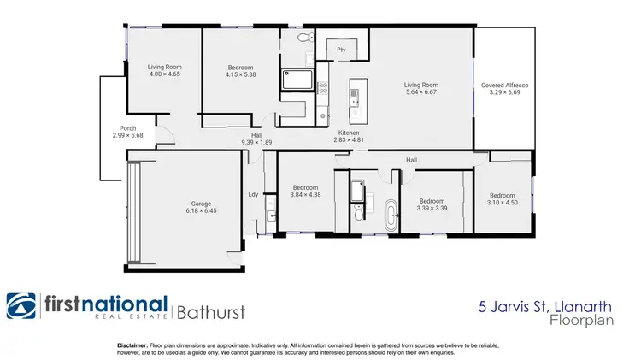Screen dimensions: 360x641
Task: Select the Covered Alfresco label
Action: coord(503,86)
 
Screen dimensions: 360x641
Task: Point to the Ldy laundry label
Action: coord(253,194)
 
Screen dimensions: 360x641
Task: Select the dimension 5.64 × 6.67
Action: coord(421,92)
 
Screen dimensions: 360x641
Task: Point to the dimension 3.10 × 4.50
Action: coord(503,202)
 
